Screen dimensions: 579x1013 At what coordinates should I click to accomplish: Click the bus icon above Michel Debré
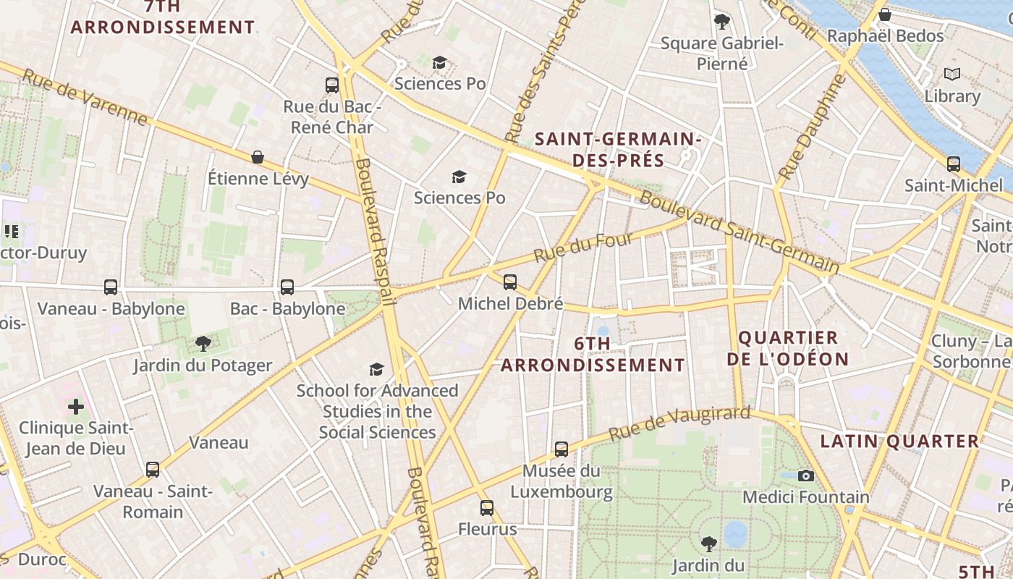pos(510,282)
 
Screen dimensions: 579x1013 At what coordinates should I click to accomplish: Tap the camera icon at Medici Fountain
pos(805,476)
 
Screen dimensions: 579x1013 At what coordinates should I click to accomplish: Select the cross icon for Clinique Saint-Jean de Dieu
pos(76,407)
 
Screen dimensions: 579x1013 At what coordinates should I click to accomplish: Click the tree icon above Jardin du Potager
pos(203,344)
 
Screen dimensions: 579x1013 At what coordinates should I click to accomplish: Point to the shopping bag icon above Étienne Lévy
pos(257,157)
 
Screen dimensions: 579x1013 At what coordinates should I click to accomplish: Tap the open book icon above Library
pos(952,74)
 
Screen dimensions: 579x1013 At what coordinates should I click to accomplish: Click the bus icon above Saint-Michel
pos(953,164)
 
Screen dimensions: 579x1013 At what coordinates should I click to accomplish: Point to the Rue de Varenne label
pos(85,97)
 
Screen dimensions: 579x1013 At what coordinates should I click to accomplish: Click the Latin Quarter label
pos(899,441)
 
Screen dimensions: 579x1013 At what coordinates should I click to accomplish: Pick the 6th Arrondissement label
pos(593,355)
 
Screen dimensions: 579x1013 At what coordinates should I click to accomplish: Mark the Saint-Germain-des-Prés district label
pos(617,149)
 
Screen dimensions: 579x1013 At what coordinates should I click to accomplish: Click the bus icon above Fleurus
pos(487,508)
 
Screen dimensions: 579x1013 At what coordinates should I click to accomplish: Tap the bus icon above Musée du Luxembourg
pos(561,449)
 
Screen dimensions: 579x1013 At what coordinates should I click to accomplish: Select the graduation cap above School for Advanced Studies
pos(376,370)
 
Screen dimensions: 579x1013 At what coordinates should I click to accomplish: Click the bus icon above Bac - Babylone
pos(287,287)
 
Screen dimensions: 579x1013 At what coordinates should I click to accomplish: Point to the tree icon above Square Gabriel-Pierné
pos(721,21)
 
